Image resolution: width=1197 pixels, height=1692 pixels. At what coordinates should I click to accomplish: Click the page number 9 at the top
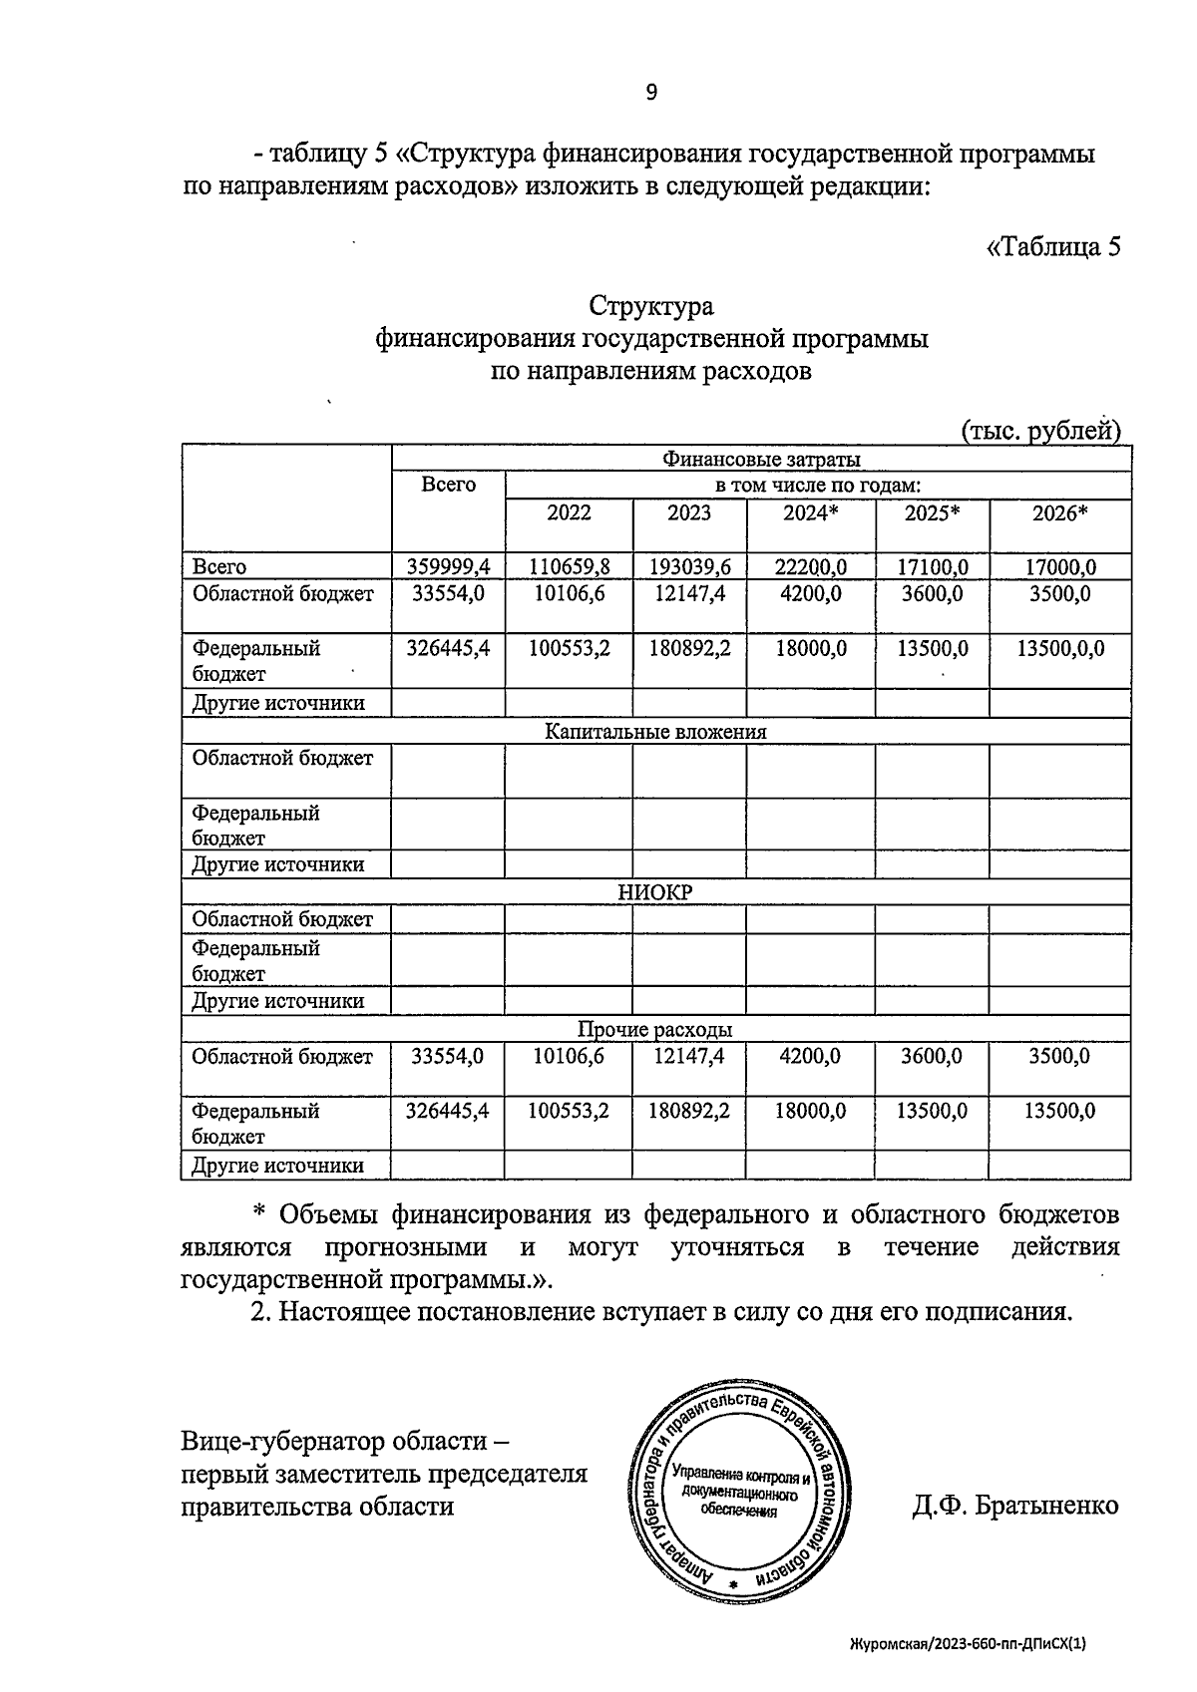point(650,93)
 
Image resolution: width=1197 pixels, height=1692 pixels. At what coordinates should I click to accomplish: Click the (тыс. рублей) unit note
point(1040,430)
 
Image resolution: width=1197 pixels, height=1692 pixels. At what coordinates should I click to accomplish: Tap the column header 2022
point(569,512)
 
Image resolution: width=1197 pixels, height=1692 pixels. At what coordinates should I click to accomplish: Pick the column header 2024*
point(810,512)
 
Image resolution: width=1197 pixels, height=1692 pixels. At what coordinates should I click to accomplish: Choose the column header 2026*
point(1059,512)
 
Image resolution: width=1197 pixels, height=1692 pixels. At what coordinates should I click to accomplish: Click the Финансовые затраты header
point(760,459)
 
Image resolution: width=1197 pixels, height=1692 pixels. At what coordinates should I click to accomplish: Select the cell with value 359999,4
point(448,566)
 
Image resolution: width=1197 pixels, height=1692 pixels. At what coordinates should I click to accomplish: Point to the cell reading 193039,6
point(689,566)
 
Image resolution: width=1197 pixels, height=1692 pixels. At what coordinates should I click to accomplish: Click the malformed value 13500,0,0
point(1060,648)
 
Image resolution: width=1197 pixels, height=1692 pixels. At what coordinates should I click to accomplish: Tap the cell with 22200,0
point(810,566)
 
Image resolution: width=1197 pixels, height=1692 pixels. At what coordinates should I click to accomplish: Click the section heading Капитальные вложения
point(655,731)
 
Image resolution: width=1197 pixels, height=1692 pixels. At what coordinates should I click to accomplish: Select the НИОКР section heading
point(655,892)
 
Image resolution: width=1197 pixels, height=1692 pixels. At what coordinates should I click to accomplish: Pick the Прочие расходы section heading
point(655,1029)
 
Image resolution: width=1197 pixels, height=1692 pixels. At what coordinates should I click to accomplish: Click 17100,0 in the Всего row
point(932,566)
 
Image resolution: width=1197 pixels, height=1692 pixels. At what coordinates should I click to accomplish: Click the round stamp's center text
point(740,1492)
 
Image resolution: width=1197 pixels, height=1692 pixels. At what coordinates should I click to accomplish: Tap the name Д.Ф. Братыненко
point(1014,1505)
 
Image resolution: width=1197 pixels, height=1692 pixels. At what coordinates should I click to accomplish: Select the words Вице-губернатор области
point(335,1441)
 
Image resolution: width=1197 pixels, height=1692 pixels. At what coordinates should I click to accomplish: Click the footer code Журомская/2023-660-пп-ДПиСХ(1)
point(967,1642)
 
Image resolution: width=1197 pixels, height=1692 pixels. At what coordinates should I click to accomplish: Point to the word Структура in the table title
point(650,305)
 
